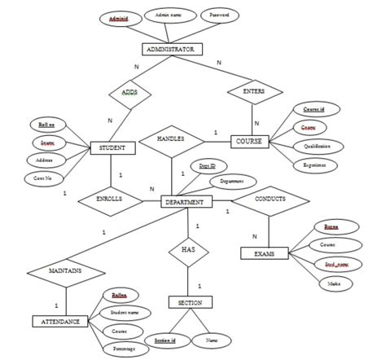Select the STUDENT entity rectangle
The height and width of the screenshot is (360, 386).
click(112, 147)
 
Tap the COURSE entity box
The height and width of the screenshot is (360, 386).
click(248, 141)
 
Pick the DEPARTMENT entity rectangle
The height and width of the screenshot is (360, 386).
click(186, 200)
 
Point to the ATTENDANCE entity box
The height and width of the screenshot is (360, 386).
click(60, 321)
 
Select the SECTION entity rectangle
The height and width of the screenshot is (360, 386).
click(190, 302)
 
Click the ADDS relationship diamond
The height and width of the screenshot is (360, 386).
click(129, 93)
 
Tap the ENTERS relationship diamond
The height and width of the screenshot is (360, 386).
click(254, 92)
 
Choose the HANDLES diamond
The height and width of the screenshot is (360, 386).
click(173, 140)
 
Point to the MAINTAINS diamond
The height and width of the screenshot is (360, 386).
click(64, 269)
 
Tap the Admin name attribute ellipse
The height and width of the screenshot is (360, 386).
click(169, 15)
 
